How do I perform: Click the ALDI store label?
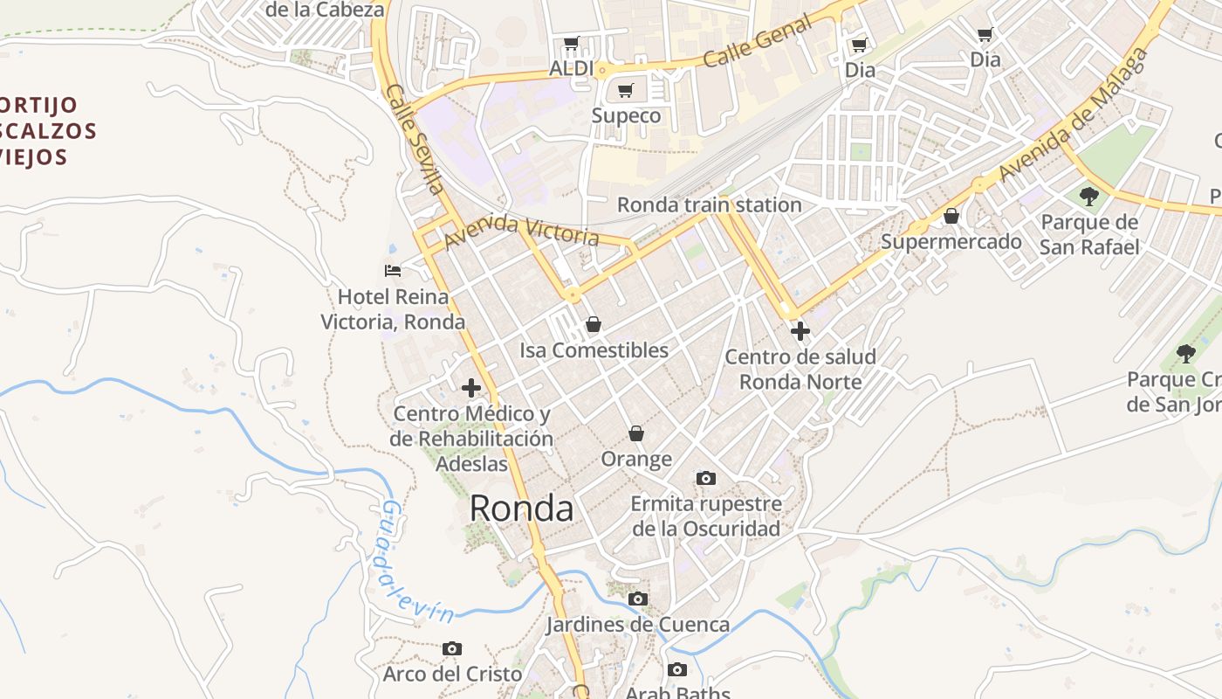point(572,68)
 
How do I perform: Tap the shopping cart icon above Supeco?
point(625,91)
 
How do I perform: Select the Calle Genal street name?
point(757,43)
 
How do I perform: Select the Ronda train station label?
point(709,205)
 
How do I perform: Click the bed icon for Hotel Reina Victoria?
point(393,271)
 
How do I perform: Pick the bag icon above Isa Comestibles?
point(594,325)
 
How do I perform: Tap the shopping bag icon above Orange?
point(636,433)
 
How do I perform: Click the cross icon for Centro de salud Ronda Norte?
point(800,331)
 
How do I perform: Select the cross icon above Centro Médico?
point(471,388)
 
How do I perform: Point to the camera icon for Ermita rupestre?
point(706,479)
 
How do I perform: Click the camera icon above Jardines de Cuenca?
point(638,599)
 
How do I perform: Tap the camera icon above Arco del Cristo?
point(451,648)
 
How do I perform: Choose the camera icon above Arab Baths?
point(676,670)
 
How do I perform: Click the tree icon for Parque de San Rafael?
point(1088,196)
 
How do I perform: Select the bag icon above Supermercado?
point(951,216)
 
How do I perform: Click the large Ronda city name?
point(521,509)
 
